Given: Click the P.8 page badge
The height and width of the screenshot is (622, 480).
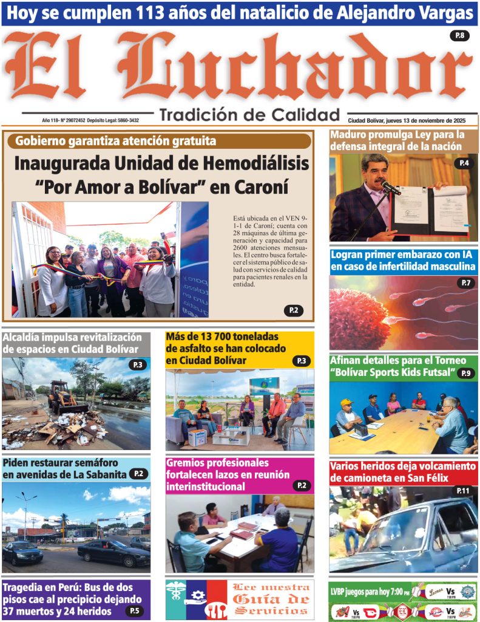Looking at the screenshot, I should coord(459,36).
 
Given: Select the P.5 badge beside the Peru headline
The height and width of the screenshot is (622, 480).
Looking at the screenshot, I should coord(135,610).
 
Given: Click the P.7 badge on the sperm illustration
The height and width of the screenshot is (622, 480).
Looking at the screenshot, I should coord(466,282).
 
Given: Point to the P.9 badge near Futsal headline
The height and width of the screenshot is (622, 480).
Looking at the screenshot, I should coord(465,374).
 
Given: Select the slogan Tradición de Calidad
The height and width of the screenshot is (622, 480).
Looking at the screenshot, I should coord(249,114).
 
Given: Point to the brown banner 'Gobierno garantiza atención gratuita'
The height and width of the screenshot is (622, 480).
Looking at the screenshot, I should coord(115,141).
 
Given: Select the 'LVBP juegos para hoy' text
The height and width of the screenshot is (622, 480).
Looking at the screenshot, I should coord(367,591).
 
